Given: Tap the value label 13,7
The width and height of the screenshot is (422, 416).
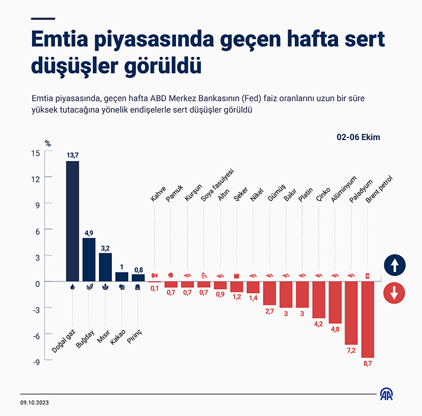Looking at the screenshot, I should pyautogui.click(x=72, y=155).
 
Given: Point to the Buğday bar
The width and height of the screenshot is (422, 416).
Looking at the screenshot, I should pyautogui.click(x=89, y=259).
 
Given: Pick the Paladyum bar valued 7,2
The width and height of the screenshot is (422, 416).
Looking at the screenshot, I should pyautogui.click(x=352, y=312).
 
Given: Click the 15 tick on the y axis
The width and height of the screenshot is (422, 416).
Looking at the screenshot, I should pyautogui.click(x=35, y=152).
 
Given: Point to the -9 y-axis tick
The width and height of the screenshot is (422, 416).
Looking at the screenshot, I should pyautogui.click(x=34, y=361).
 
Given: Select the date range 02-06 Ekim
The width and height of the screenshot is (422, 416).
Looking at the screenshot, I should pyautogui.click(x=358, y=137).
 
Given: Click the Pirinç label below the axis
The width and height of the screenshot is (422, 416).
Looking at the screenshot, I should pyautogui.click(x=137, y=324).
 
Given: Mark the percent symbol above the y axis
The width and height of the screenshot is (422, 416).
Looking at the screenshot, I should pyautogui.click(x=47, y=144).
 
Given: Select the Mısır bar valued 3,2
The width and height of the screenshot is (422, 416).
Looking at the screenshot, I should pyautogui.click(x=105, y=267).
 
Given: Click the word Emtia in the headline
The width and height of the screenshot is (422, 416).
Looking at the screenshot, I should pyautogui.click(x=62, y=41).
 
